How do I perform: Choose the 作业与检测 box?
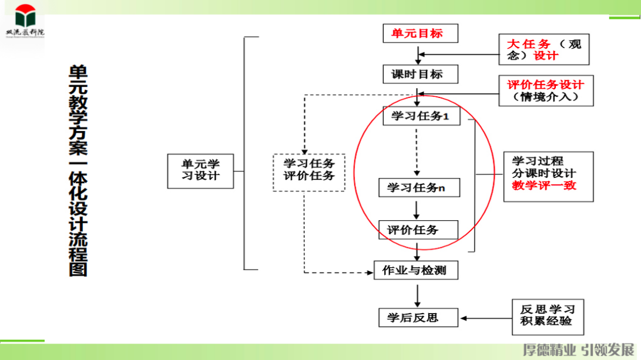tap(416, 271)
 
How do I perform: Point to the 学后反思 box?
tap(418, 318)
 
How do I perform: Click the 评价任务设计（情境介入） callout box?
tap(545, 90)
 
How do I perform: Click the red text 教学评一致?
tap(544, 186)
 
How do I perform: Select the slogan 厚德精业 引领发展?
tap(579, 349)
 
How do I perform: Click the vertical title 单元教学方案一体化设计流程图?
tap(78, 170)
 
